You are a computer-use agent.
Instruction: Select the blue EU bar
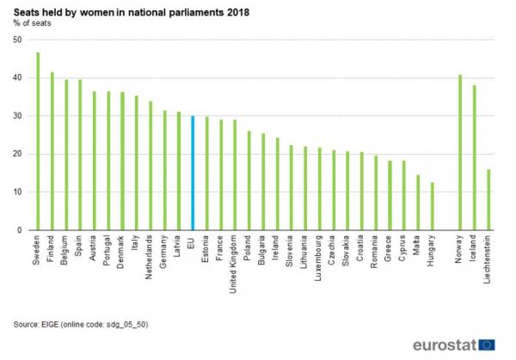[x=193, y=173]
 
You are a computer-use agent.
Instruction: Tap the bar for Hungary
[x=432, y=206]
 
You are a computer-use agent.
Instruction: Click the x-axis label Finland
[x=52, y=248]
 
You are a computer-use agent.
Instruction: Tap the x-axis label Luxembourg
[x=319, y=257]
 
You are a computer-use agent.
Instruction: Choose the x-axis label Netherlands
[x=150, y=257]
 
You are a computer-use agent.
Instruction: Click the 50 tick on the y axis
[x=18, y=40]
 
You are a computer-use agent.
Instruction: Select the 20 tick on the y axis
[x=18, y=154]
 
